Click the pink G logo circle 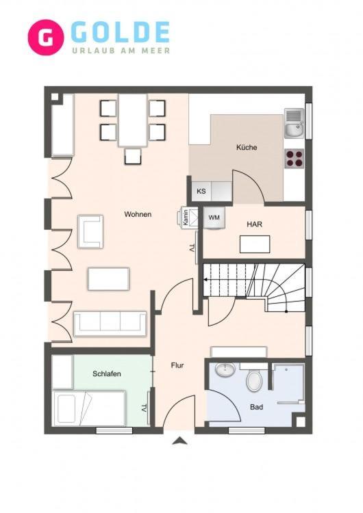click(45, 38)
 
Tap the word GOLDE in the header click(120, 32)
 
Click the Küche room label click(247, 147)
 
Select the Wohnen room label click(138, 214)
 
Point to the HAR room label click(255, 224)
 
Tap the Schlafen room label click(107, 373)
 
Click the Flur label click(177, 365)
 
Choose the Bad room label click(257, 408)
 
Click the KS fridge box click(201, 191)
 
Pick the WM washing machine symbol click(214, 218)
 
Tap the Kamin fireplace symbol click(188, 218)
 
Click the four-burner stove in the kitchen click(294, 159)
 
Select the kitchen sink click(295, 123)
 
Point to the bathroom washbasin click(225, 369)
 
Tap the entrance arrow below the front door click(180, 441)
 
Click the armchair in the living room click(90, 231)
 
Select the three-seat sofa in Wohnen click(110, 324)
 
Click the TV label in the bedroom click(144, 408)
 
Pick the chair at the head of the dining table click(133, 156)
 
